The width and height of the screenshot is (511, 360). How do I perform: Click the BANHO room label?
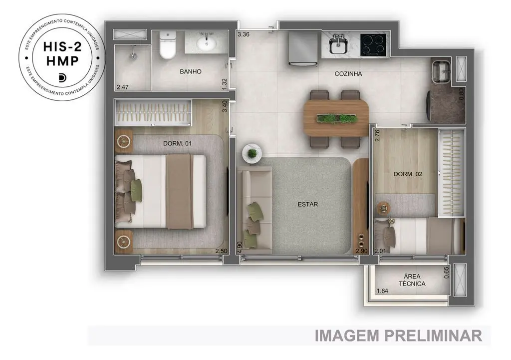pyautogui.click(x=191, y=71)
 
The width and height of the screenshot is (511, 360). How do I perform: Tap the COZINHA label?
pyautogui.click(x=348, y=74)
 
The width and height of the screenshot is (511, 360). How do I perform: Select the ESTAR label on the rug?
pyautogui.click(x=307, y=204)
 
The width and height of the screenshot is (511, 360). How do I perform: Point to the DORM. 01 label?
pyautogui.click(x=177, y=143)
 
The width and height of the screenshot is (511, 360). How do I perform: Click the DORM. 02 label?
pyautogui.click(x=408, y=174)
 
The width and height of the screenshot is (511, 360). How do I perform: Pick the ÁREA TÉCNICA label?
pyautogui.click(x=412, y=280)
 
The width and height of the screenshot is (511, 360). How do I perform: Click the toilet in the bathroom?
pyautogui.click(x=168, y=45)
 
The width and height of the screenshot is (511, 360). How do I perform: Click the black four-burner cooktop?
pyautogui.click(x=373, y=44)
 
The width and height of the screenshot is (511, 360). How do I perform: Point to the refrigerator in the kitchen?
pyautogui.click(x=303, y=48)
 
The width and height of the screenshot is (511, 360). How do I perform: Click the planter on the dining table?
pyautogui.click(x=336, y=118)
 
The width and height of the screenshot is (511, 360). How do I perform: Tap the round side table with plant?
pyautogui.click(x=252, y=153)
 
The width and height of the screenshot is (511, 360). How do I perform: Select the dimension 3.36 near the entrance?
pyautogui.click(x=244, y=34)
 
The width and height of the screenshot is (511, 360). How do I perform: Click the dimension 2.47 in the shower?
pyautogui.click(x=123, y=87)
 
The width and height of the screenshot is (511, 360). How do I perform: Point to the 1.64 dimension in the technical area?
pyautogui.click(x=382, y=291)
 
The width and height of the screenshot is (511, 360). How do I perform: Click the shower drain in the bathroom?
pyautogui.click(x=133, y=56)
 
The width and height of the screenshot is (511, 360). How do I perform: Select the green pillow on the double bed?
pyautogui.click(x=136, y=187)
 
